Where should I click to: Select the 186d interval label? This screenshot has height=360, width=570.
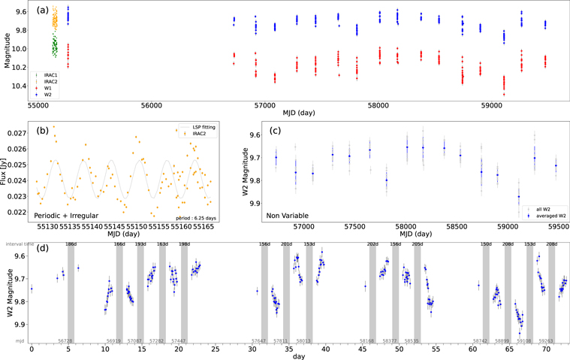(x=71, y=244)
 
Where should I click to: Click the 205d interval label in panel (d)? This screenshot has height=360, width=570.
(x=418, y=244)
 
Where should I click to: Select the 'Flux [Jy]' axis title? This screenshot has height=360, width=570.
(x=7, y=172)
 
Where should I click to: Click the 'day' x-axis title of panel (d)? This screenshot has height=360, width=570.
(x=299, y=355)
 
